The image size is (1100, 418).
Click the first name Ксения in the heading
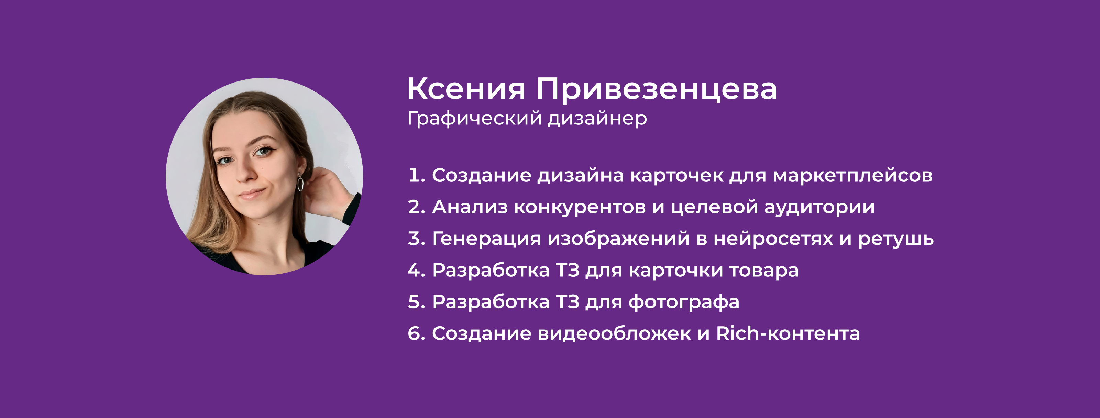466,89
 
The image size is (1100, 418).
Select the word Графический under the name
474,119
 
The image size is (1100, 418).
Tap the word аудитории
819,207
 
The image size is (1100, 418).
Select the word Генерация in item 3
486,239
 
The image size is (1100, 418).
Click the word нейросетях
773,239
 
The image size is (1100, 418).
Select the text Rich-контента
788,333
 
